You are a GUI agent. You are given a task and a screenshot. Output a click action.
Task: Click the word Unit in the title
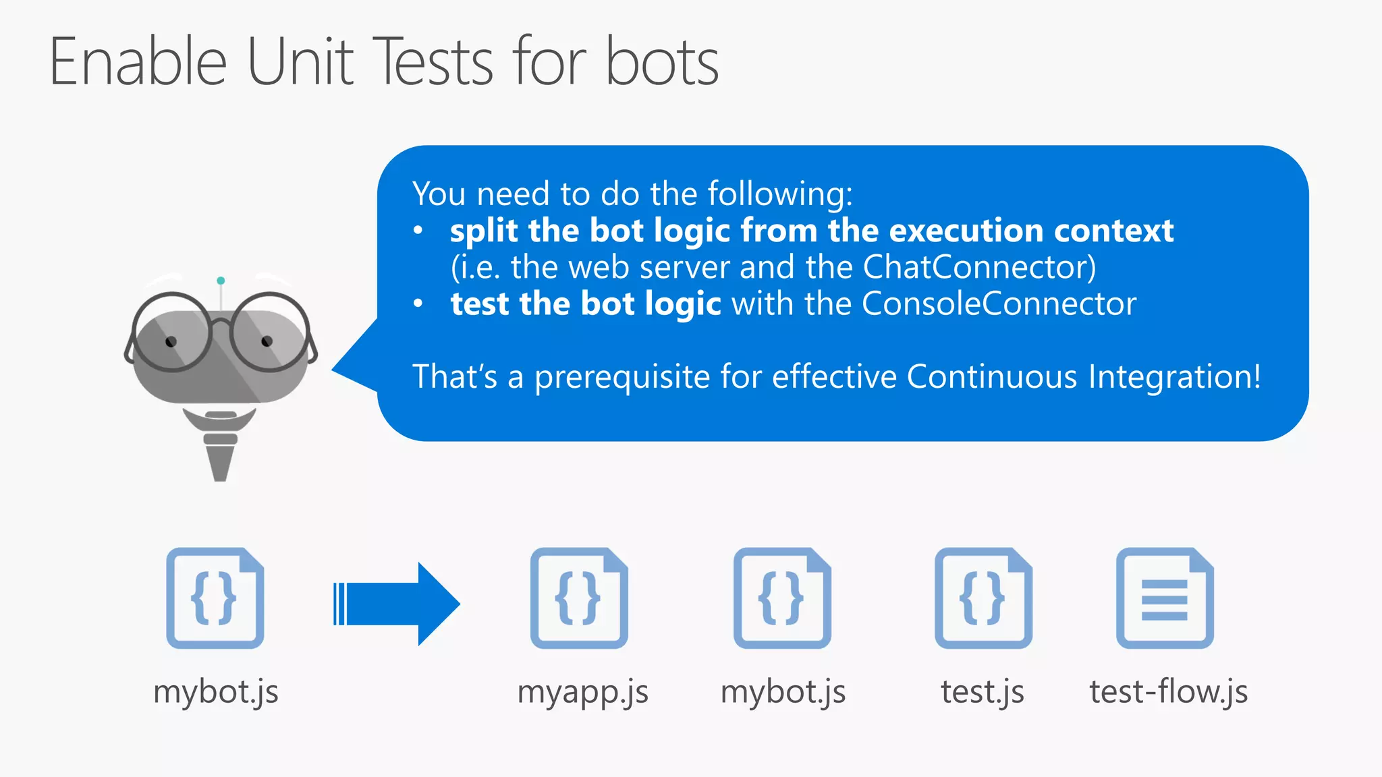pos(300,62)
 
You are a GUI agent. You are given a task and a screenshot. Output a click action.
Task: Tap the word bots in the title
pos(662,62)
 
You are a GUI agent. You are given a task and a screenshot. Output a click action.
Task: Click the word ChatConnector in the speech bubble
pos(979,267)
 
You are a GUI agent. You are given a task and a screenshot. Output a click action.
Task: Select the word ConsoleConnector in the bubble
pos(999,304)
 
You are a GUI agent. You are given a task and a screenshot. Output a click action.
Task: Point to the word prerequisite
pos(621,377)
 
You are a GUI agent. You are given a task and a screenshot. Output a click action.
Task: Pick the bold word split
pos(484,231)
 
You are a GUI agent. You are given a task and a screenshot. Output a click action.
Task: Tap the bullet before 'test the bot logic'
pos(418,304)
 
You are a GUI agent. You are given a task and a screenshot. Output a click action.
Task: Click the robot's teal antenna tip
pos(221,281)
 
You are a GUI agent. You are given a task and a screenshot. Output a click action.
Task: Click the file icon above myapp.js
pos(579,598)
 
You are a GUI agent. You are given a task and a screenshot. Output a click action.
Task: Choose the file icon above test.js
pos(983,598)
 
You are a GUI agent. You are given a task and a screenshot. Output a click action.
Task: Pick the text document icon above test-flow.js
pos(1165,598)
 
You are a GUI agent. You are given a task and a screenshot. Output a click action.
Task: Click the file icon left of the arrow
pos(215,598)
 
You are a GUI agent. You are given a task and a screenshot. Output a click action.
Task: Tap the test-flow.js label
pos(1168,692)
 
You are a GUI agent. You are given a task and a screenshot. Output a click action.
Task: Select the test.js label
pos(983,692)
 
